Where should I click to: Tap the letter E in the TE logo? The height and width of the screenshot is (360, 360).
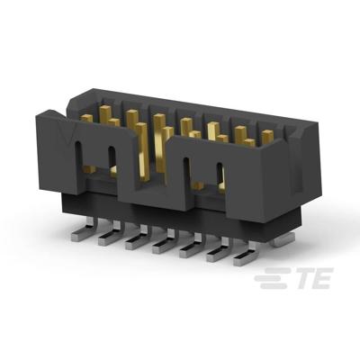pyautogui.click(x=318, y=280)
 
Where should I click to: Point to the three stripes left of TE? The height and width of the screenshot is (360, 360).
pyautogui.click(x=267, y=280)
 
